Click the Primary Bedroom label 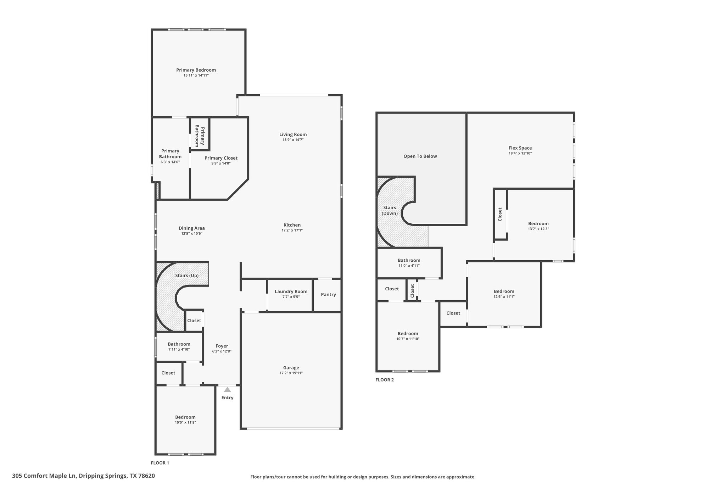pyautogui.click(x=196, y=70)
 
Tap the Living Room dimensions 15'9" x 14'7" pyautogui.click(x=293, y=140)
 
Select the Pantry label pyautogui.click(x=328, y=295)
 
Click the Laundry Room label pyautogui.click(x=291, y=291)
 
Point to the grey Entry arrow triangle pyautogui.click(x=227, y=390)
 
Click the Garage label pyautogui.click(x=291, y=368)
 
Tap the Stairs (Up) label pyautogui.click(x=187, y=276)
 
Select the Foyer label pyautogui.click(x=222, y=346)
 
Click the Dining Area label pyautogui.click(x=192, y=228)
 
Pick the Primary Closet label pyautogui.click(x=221, y=158)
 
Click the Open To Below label pyautogui.click(x=420, y=156)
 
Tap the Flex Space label pyautogui.click(x=520, y=148)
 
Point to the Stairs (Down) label pyautogui.click(x=390, y=211)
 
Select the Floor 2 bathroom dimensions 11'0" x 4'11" pyautogui.click(x=409, y=266)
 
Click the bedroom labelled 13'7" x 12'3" pyautogui.click(x=538, y=224)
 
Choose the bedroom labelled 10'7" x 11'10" pyautogui.click(x=408, y=334)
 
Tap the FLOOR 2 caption pyautogui.click(x=385, y=380)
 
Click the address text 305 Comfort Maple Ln pyautogui.click(x=44, y=476)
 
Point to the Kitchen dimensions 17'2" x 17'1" pyautogui.click(x=292, y=230)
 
